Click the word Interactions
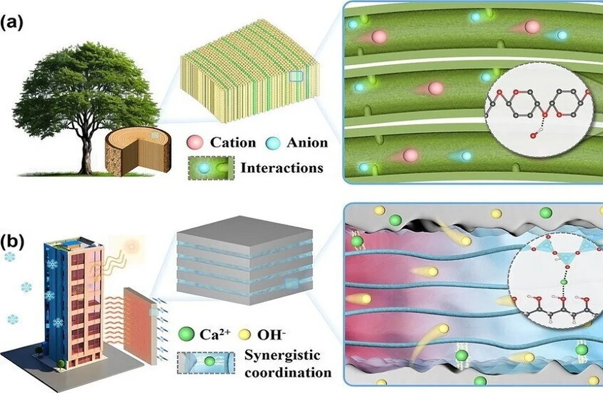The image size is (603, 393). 281,167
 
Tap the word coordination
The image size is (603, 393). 288,372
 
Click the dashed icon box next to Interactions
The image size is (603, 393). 212,168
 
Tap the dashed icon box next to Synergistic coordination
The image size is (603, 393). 206,362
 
